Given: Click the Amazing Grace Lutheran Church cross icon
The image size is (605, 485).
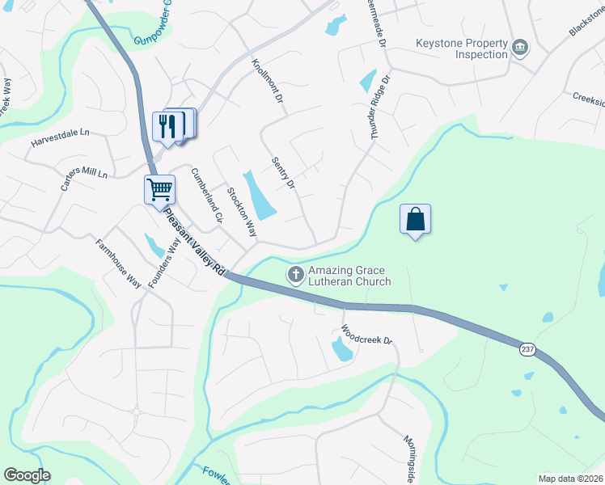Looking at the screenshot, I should (x=296, y=276).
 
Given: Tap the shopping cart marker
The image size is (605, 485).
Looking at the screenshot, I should (x=159, y=190).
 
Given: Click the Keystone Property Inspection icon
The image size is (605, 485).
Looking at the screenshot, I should (x=520, y=49).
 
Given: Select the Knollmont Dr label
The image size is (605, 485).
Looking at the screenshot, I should (x=266, y=79).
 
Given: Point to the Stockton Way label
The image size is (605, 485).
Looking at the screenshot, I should (x=241, y=213).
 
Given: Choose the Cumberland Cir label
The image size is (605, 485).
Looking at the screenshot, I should (x=205, y=195).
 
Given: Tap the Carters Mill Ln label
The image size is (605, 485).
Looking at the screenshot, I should (x=84, y=179).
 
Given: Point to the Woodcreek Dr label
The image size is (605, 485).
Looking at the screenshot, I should (x=366, y=335).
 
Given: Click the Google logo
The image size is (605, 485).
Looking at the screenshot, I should (x=27, y=475).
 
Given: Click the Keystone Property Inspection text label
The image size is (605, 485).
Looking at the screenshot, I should (x=462, y=49).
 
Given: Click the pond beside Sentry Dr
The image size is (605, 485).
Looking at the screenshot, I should (x=260, y=196).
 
